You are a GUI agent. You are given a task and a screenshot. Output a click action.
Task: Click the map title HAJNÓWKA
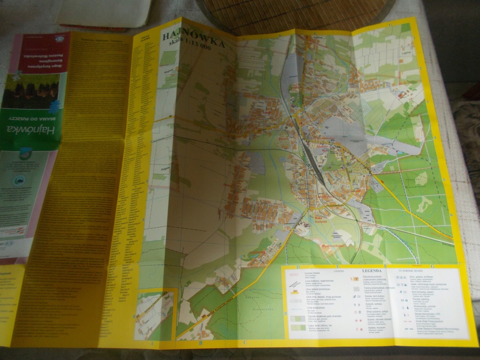click(x=192, y=39)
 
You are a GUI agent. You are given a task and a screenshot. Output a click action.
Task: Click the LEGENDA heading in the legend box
click(x=372, y=270)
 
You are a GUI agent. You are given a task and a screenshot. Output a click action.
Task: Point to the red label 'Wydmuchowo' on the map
click(x=332, y=245)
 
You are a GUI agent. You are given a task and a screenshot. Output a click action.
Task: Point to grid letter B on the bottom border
click(x=201, y=343)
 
